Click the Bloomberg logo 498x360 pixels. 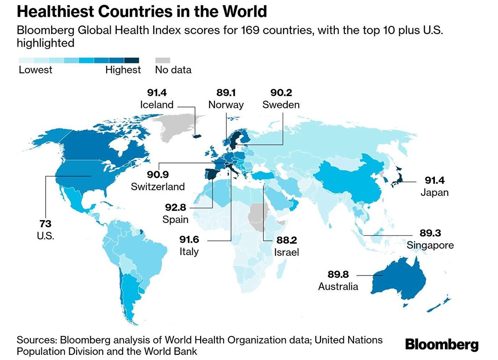(442, 344)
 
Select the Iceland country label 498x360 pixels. (157, 105)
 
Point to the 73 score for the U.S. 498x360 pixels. (45, 224)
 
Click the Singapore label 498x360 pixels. (430, 245)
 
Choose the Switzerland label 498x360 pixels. (158, 186)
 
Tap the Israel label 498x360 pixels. (286, 252)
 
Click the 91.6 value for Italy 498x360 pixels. (189, 240)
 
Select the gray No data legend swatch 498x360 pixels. (162, 60)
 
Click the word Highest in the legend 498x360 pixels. (123, 70)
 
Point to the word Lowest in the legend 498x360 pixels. (36, 70)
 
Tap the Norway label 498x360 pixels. (226, 105)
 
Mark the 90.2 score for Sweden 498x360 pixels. (281, 93)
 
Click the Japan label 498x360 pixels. (434, 192)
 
